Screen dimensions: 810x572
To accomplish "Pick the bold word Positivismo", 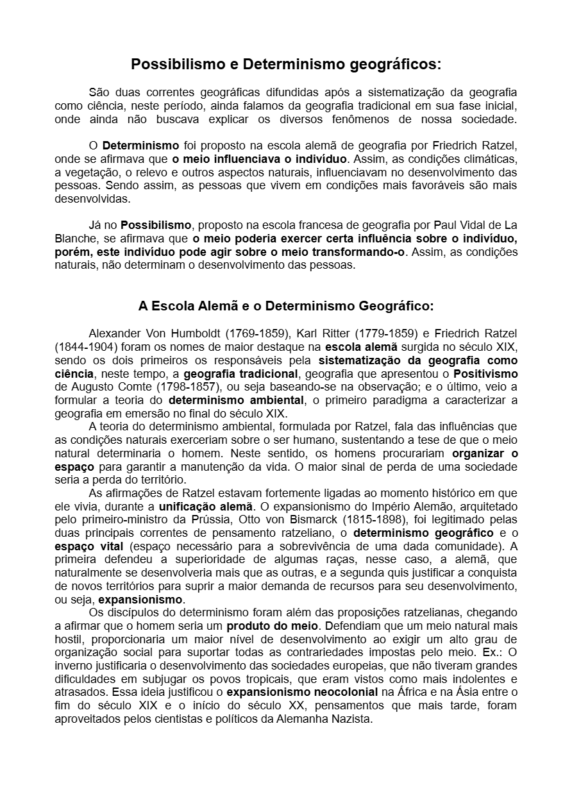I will point(485,373).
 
